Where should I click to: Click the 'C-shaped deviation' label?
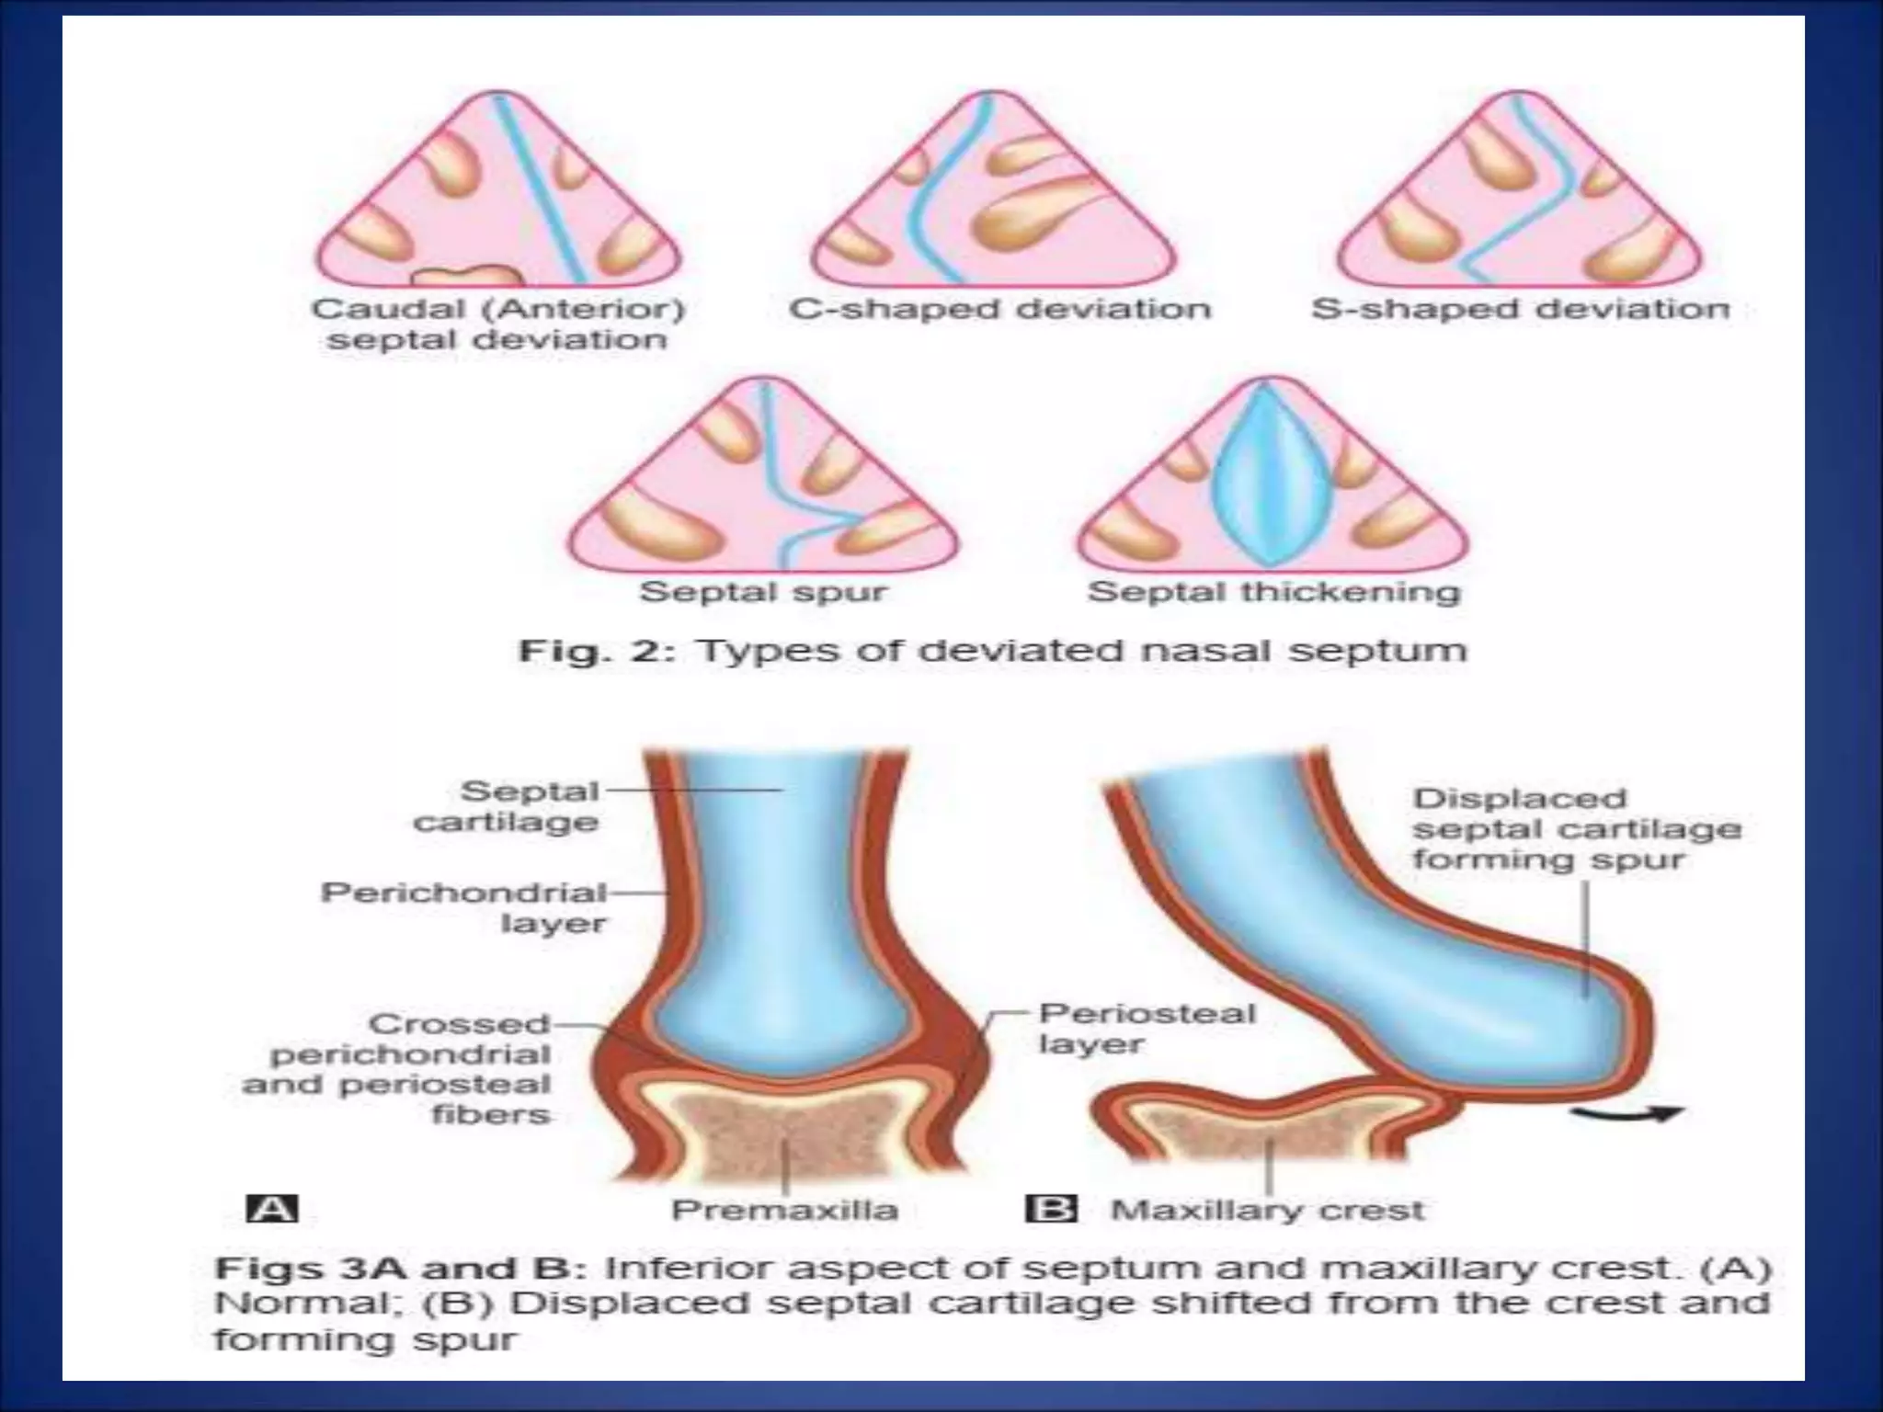[x=999, y=309]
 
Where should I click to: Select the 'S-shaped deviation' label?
[x=1520, y=309]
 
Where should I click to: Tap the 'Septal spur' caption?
[x=763, y=591]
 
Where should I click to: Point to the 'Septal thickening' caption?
[x=1273, y=591]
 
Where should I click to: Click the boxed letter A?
[x=272, y=1208]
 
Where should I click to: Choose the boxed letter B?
[x=1051, y=1208]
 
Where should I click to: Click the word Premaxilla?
[x=784, y=1210]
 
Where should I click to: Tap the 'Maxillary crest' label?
[x=1268, y=1210]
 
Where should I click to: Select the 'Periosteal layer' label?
[x=1147, y=1029]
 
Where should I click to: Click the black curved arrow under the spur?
[x=1626, y=1115]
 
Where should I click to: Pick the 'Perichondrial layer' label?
[x=463, y=907]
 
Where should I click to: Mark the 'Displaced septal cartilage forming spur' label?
[x=1576, y=828]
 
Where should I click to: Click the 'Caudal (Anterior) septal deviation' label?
[x=498, y=324]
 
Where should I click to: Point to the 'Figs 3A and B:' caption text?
[x=400, y=1270]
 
